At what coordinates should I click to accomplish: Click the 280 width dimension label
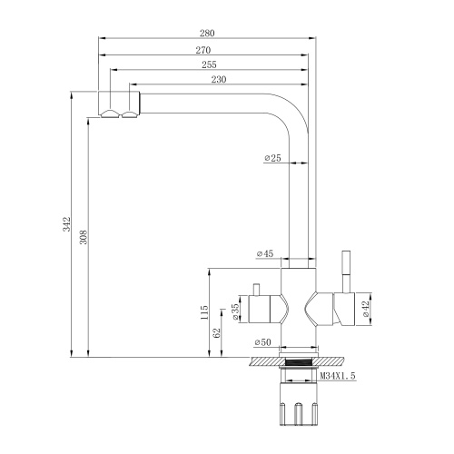[x=208, y=32]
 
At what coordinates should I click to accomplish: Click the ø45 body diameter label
[x=266, y=254]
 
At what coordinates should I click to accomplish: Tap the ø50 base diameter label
[x=264, y=341]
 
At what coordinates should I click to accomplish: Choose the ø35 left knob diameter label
[x=235, y=311]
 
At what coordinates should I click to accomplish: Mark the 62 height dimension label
[x=217, y=334]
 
